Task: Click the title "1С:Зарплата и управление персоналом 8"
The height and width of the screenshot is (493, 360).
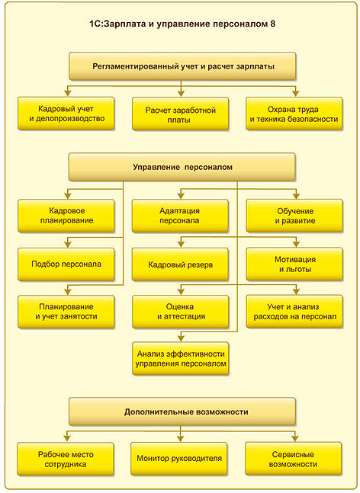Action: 182,24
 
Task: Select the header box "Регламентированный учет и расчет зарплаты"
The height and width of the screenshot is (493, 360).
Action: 182,66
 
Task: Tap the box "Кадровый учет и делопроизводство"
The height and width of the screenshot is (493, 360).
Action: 66,114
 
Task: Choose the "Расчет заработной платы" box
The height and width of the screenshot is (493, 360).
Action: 180,114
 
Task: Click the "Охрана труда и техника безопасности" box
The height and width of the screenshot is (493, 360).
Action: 294,114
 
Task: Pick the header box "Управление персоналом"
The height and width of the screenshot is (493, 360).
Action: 182,167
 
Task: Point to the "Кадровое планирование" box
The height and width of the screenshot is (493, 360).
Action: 66,216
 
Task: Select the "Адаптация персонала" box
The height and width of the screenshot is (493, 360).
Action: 180,216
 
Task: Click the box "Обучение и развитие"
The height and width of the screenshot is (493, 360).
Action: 294,216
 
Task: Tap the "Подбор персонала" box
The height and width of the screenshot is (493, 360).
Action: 66,264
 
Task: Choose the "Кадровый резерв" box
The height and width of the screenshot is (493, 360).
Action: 180,264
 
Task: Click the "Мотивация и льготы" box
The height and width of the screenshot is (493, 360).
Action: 294,264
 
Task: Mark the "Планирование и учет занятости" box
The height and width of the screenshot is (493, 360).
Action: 66,312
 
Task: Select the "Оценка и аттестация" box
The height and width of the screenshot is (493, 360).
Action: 181,312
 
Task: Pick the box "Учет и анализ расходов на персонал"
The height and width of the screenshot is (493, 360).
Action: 294,312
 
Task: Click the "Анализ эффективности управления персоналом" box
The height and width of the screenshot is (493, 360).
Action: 181,358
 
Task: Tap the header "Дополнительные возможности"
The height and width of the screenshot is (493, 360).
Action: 182,411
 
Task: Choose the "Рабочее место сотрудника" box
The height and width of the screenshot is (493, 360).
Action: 66,459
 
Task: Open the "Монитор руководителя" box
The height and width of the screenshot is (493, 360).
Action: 179,459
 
